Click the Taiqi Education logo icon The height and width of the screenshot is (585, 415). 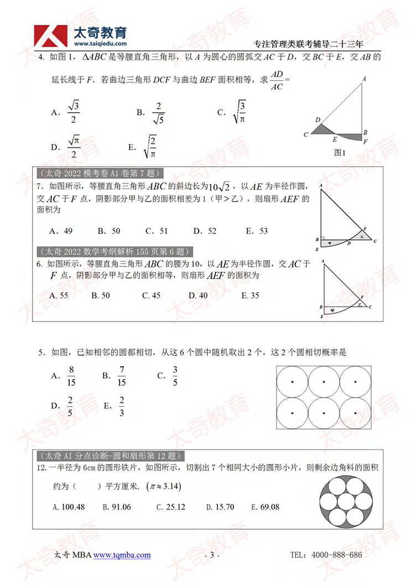tap(49, 35)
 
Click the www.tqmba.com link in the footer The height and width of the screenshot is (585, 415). tap(122, 555)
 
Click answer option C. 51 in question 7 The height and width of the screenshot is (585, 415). tap(156, 231)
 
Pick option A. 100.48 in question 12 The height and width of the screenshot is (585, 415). tap(68, 507)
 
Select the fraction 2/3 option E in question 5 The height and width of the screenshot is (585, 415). tap(122, 407)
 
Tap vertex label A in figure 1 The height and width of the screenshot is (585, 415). tap(365, 79)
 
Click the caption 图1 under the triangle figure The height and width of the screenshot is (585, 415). tap(340, 153)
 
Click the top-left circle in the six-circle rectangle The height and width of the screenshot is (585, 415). tap(292, 382)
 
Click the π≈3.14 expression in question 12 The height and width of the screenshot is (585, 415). tap(164, 487)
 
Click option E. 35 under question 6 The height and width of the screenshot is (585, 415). tap(250, 296)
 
